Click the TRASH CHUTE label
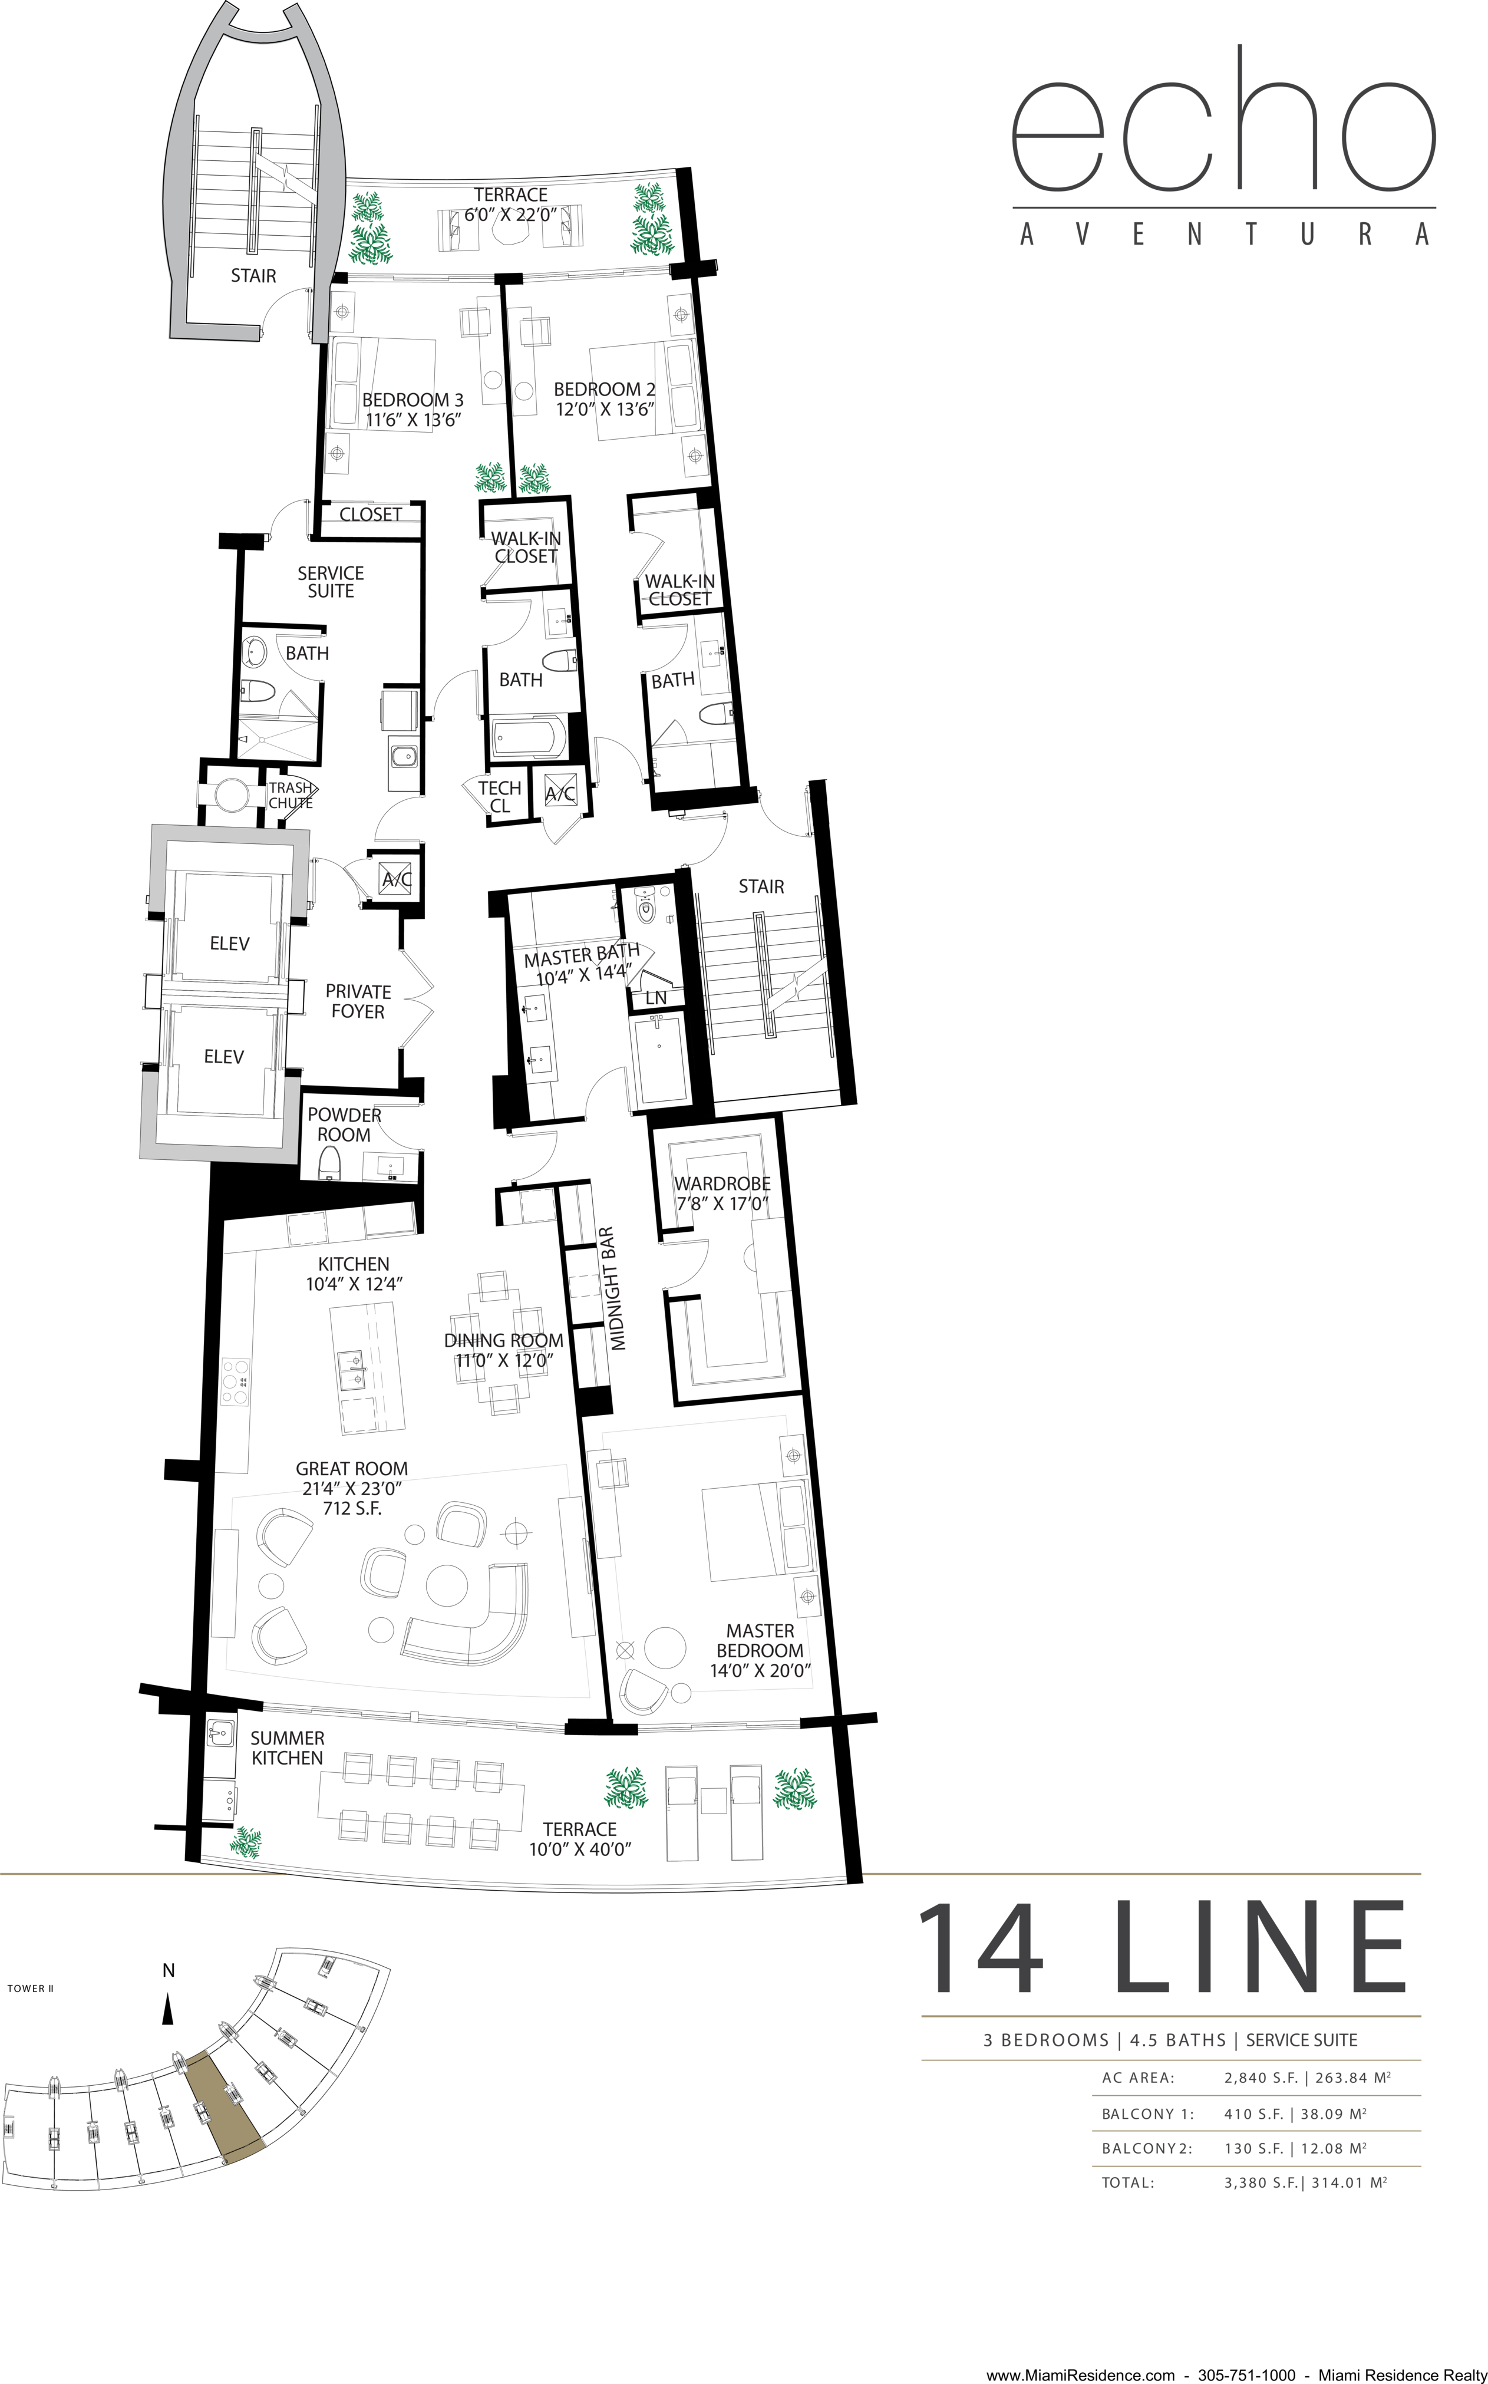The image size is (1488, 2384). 291,795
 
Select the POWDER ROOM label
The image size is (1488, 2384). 344,1124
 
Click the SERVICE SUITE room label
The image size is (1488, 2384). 331,582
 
